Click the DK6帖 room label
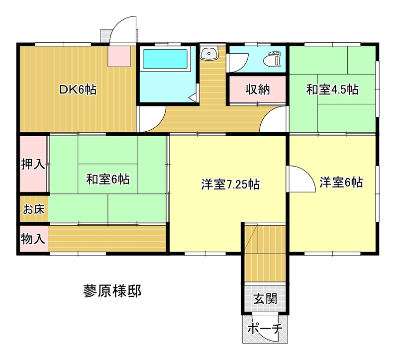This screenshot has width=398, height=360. click(x=78, y=90)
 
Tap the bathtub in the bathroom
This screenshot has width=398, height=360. click(x=165, y=59)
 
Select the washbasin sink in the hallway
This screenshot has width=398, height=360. click(x=209, y=53)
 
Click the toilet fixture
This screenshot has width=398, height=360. click(x=272, y=60)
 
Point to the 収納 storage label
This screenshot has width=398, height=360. click(x=257, y=90)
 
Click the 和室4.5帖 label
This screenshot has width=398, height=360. click(x=332, y=90)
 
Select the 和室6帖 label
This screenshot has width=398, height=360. click(x=108, y=180)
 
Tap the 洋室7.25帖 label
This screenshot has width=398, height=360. click(x=230, y=184)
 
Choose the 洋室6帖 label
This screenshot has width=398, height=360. click(x=341, y=182)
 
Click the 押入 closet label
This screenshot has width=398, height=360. click(x=33, y=164)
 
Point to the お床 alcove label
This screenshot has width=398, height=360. click(x=34, y=209)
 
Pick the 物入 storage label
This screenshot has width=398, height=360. click(x=33, y=239)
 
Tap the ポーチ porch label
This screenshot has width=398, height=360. click(x=265, y=329)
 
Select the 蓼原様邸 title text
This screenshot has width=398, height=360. click(x=112, y=291)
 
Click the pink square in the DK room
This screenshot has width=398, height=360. click(x=119, y=56)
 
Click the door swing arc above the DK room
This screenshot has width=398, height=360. click(x=119, y=24)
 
